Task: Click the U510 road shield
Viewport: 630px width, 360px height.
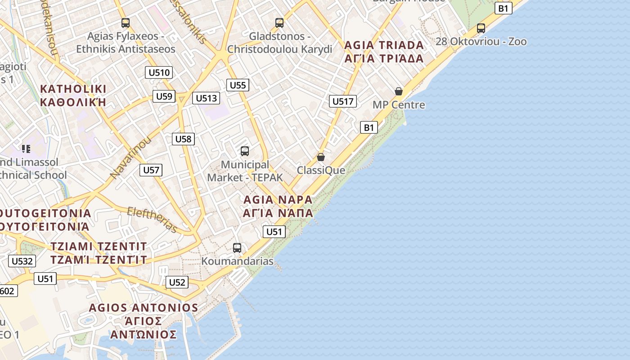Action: [x=159, y=72]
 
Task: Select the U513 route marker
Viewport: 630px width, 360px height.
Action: [x=206, y=98]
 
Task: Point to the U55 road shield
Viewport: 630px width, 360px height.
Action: [x=238, y=85]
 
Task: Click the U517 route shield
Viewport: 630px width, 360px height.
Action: [x=343, y=101]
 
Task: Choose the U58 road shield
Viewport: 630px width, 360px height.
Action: [x=183, y=139]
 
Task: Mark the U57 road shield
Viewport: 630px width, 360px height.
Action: [x=151, y=170]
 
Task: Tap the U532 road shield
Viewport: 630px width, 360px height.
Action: [x=22, y=261]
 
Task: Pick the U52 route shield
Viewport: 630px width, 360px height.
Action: [x=177, y=283]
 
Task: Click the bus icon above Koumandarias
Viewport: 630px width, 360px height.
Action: [x=237, y=247]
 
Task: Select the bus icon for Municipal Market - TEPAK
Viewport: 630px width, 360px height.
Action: [x=245, y=151]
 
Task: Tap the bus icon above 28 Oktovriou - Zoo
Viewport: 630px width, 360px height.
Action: [x=481, y=28]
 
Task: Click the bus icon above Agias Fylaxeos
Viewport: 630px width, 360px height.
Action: [x=126, y=22]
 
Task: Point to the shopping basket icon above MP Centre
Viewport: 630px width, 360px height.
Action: [x=399, y=91]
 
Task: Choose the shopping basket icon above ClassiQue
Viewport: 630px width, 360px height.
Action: [x=321, y=157]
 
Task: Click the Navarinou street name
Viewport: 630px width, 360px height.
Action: [x=130, y=157]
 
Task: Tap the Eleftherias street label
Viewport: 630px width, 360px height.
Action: [x=152, y=220]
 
